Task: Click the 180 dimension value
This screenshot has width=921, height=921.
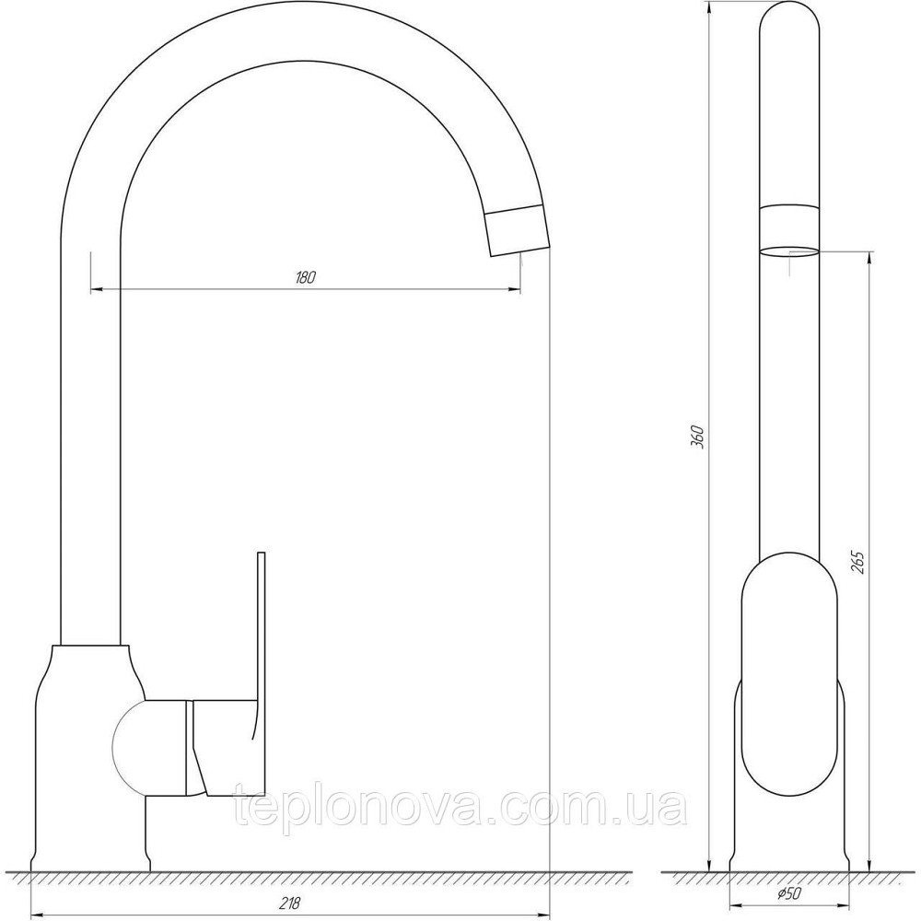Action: pos(306,277)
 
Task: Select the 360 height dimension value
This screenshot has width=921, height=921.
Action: pos(698,437)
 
